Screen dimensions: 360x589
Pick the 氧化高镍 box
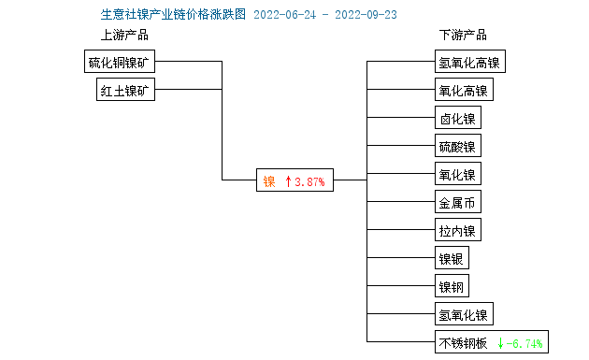pos(463,91)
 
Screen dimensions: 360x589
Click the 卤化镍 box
pos(457,119)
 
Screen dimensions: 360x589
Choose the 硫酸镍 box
pos(457,147)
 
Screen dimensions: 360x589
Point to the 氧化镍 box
pos(457,175)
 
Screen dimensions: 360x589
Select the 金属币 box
pos(457,203)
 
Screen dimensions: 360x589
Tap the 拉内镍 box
pos(457,231)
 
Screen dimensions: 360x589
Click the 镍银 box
pos(452,259)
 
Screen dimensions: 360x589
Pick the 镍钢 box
pos(452,286)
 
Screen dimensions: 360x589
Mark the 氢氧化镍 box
pos(463,314)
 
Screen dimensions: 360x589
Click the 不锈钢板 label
pos(463,342)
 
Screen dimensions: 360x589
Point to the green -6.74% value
pos(524,342)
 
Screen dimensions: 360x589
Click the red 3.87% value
pos(309,181)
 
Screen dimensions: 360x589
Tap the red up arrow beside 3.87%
pos(289,181)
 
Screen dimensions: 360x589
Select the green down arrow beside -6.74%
pos(501,342)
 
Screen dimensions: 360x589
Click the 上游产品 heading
pos(124,36)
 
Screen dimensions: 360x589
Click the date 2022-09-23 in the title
pos(366,15)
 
